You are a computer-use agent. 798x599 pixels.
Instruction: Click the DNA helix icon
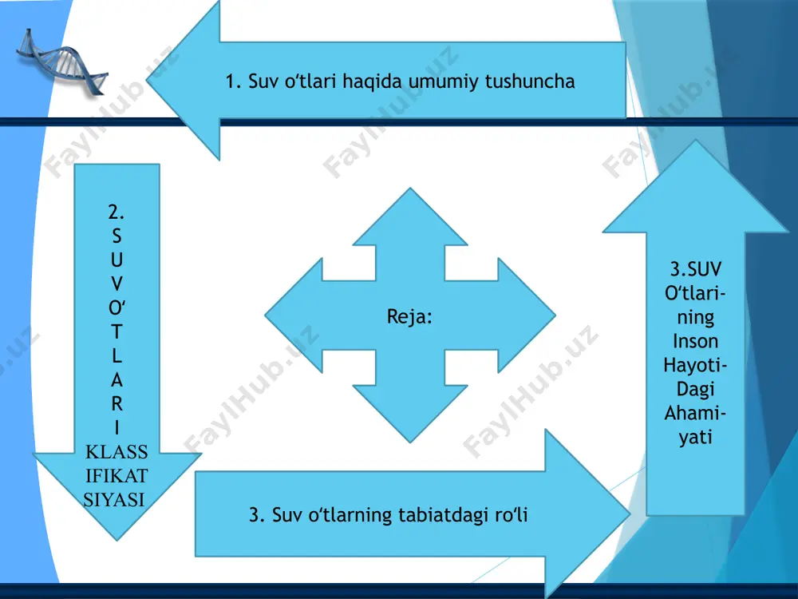click(62, 62)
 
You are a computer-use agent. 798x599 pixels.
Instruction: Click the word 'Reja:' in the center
click(409, 316)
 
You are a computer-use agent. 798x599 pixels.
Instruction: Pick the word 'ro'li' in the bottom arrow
click(511, 514)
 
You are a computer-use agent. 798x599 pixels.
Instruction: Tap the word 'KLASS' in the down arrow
click(117, 452)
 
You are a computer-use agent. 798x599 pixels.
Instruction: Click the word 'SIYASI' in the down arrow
click(114, 500)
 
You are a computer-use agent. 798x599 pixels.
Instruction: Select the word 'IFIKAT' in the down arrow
click(117, 476)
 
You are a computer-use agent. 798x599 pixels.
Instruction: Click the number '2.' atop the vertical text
click(117, 212)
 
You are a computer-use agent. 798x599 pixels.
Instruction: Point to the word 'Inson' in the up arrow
click(695, 341)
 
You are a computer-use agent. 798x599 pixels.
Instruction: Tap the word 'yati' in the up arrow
click(695, 438)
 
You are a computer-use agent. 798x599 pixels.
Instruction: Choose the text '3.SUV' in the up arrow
click(696, 269)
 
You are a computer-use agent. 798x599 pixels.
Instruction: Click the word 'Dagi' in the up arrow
click(695, 389)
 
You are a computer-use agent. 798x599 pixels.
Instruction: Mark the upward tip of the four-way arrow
click(410, 188)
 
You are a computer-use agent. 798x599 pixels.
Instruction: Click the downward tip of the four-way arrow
click(410, 442)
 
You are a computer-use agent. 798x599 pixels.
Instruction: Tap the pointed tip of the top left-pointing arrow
click(147, 79)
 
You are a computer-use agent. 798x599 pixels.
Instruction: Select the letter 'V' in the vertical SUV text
click(117, 284)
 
